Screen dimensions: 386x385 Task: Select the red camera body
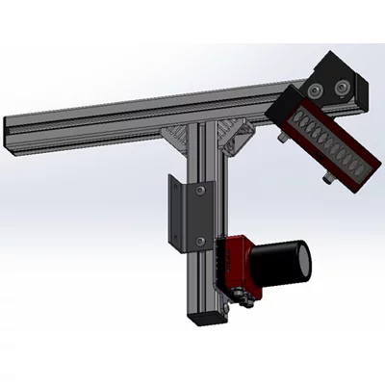[238, 263]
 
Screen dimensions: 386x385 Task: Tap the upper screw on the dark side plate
[200, 190]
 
